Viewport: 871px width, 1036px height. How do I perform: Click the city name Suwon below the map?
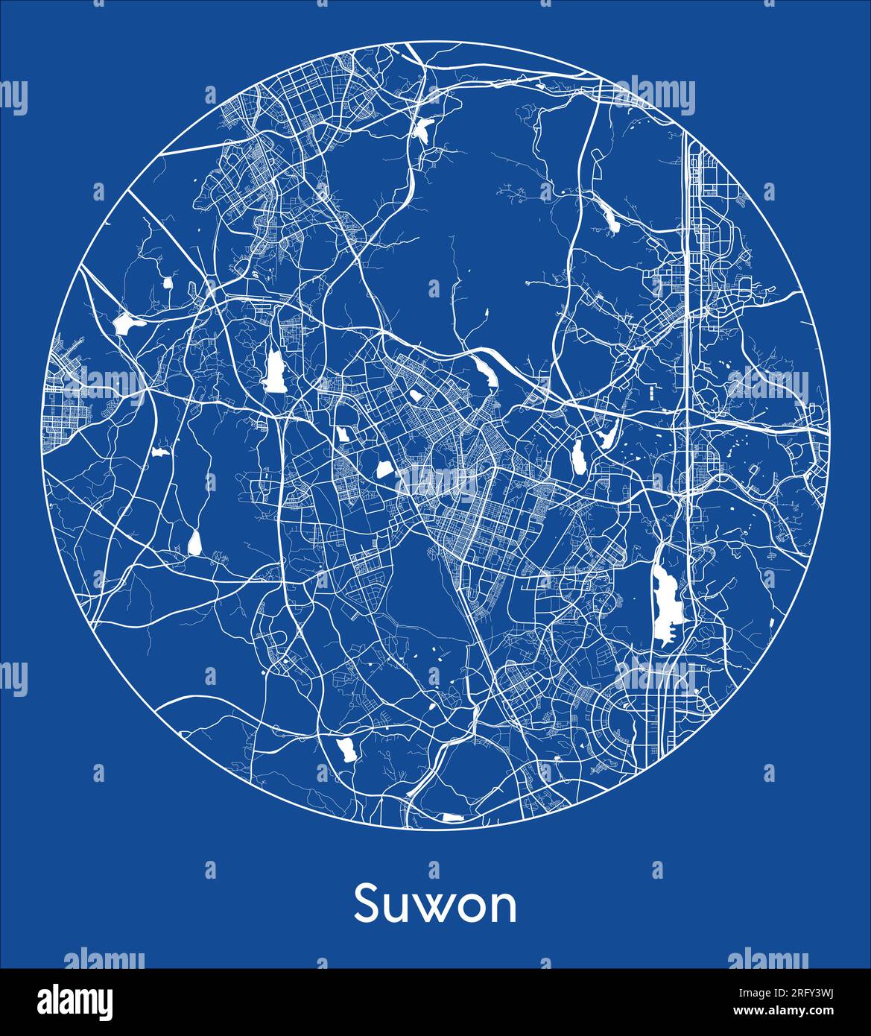click(x=435, y=904)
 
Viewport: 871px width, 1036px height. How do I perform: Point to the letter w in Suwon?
click(x=435, y=909)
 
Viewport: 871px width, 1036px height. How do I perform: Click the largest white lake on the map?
click(x=665, y=602)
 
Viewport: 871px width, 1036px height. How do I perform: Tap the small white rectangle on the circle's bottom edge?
click(x=452, y=818)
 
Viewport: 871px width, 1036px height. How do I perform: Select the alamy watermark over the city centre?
click(x=436, y=483)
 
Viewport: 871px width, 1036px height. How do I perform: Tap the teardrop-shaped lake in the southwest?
click(x=194, y=543)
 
